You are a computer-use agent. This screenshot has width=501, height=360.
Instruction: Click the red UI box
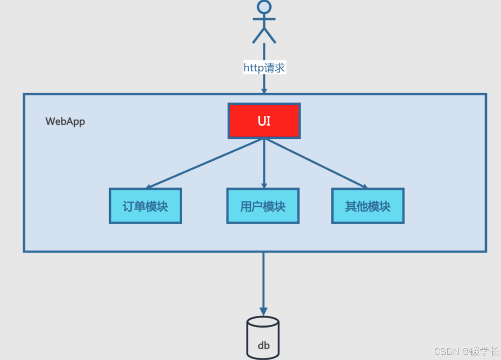[x=264, y=121]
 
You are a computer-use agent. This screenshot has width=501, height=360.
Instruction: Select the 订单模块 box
[x=145, y=206]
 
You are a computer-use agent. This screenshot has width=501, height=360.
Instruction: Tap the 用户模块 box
[x=263, y=206]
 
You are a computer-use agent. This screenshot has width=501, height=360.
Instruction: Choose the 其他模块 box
[x=368, y=206]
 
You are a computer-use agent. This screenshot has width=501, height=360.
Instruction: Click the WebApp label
[x=65, y=121]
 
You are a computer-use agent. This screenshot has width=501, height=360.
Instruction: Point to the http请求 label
[x=264, y=68]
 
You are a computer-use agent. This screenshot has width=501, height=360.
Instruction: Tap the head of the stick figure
[x=264, y=6]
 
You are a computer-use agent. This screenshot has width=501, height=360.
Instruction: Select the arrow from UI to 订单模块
[x=203, y=164]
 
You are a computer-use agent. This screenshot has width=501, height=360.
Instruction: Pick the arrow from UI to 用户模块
[x=264, y=164]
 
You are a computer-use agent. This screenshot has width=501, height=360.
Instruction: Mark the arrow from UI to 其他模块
[x=317, y=164]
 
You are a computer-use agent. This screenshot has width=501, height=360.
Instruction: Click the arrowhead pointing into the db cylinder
[x=263, y=311]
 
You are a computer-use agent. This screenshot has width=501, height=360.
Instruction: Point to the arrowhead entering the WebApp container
[x=264, y=91]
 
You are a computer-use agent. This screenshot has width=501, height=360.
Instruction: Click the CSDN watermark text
[x=446, y=351]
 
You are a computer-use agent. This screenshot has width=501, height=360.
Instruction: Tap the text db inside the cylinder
[x=263, y=345]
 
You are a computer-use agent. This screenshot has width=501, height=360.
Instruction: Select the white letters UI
[x=264, y=121]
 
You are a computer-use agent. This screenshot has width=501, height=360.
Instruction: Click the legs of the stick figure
[x=264, y=35]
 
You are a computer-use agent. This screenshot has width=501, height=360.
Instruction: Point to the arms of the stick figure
[x=264, y=19]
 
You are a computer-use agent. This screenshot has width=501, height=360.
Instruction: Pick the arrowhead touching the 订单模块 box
[x=149, y=187]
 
